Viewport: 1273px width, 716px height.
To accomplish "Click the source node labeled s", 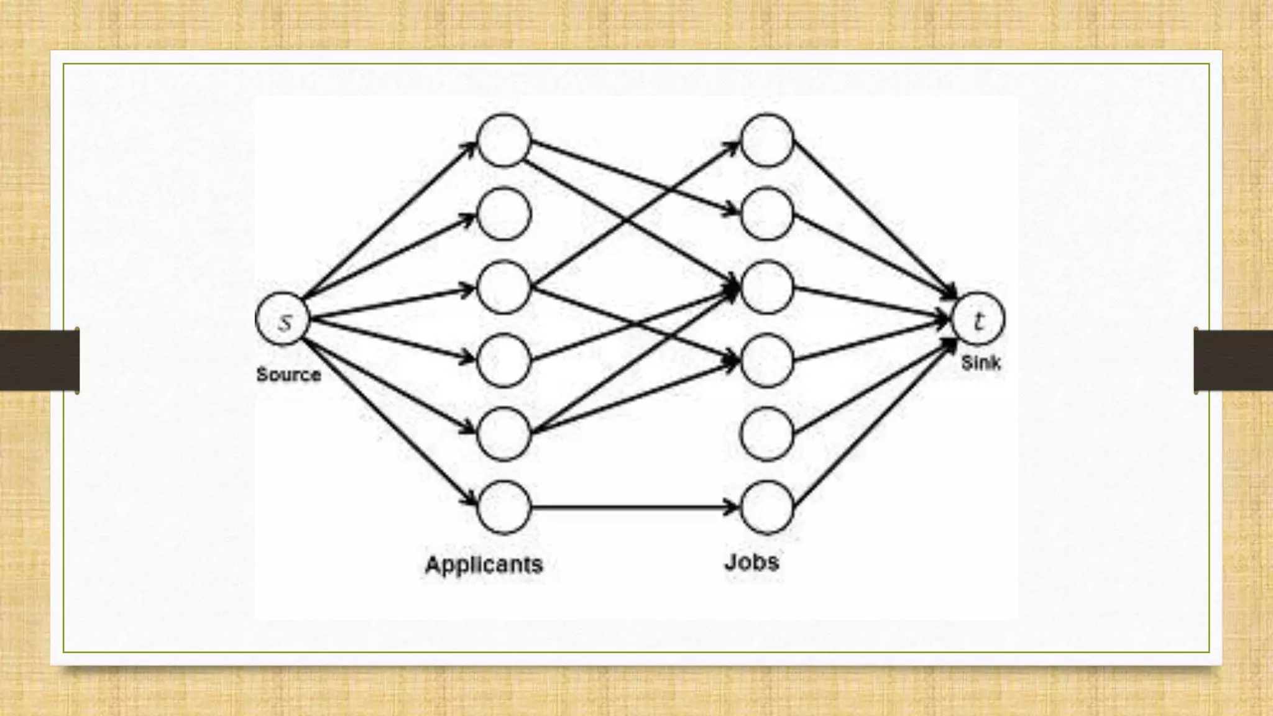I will (x=283, y=319).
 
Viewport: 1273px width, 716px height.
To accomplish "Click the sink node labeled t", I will (x=978, y=319).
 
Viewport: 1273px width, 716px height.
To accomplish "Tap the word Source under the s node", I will (x=288, y=375).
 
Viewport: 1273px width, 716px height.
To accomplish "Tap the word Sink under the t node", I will (x=981, y=362).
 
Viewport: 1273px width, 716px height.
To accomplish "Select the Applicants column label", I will (x=484, y=564).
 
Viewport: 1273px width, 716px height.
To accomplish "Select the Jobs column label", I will (x=751, y=562).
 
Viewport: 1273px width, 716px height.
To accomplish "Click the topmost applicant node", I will (x=503, y=140).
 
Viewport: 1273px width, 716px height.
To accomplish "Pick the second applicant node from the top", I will (x=503, y=214).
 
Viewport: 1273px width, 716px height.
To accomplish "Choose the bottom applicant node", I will (x=503, y=507).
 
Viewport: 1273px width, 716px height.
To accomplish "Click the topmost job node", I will (x=767, y=140).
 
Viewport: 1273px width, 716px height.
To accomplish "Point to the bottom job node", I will (x=767, y=507).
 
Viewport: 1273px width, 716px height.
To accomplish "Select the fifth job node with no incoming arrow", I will (x=767, y=434).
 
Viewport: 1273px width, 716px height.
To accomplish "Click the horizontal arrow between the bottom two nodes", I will (x=634, y=507).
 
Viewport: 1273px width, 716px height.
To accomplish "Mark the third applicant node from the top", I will (x=503, y=287).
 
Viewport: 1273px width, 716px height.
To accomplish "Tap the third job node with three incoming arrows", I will (x=767, y=287).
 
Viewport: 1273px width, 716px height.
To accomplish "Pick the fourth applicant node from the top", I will (x=503, y=360).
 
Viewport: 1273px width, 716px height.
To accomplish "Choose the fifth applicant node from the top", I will (x=503, y=434).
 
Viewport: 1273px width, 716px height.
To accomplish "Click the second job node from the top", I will (x=767, y=214).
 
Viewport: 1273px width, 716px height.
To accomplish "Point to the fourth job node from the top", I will (x=767, y=360).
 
